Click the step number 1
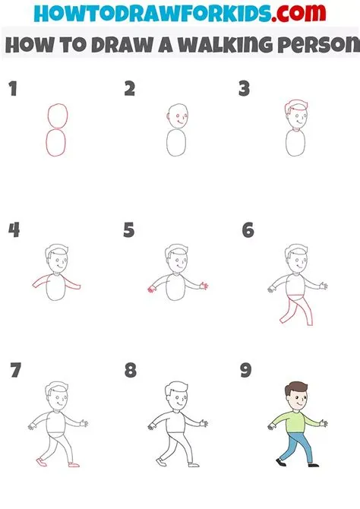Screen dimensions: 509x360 (12, 90)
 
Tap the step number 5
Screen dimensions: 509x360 (128, 229)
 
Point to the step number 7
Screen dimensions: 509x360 (15, 371)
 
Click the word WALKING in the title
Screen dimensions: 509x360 (217, 43)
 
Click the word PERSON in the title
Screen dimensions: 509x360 (311, 43)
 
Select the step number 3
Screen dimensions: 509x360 (245, 90)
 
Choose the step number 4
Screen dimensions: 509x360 (13, 229)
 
